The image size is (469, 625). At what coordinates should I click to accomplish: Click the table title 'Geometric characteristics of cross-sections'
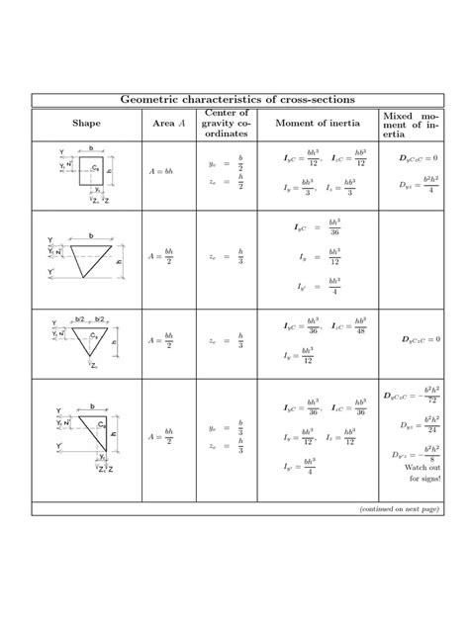click(x=234, y=100)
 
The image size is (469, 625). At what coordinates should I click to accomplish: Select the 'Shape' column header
click(x=85, y=122)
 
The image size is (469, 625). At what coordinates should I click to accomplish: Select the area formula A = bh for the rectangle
click(x=161, y=171)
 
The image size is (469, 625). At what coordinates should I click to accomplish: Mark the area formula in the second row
click(x=161, y=256)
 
